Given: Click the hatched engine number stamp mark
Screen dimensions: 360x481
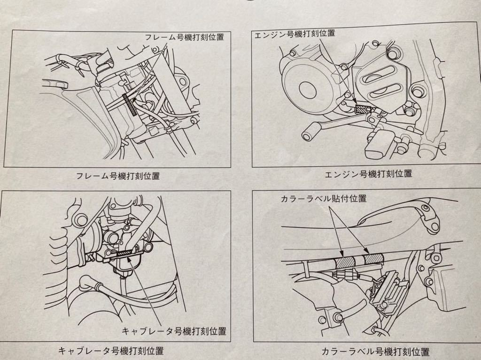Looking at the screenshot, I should click(362, 109).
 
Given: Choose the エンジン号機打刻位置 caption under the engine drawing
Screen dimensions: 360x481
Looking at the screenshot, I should click(368, 174).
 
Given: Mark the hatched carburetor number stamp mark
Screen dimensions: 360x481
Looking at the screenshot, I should click(125, 253).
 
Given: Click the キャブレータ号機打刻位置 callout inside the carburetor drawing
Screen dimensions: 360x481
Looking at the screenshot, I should click(174, 331).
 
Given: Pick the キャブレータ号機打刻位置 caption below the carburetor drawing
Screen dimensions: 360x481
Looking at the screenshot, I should click(111, 350).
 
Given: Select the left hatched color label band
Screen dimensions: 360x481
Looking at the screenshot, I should click(344, 260).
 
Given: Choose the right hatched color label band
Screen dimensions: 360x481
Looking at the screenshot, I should click(373, 258).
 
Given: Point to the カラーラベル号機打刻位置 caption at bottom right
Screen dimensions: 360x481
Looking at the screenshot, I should click(376, 351).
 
